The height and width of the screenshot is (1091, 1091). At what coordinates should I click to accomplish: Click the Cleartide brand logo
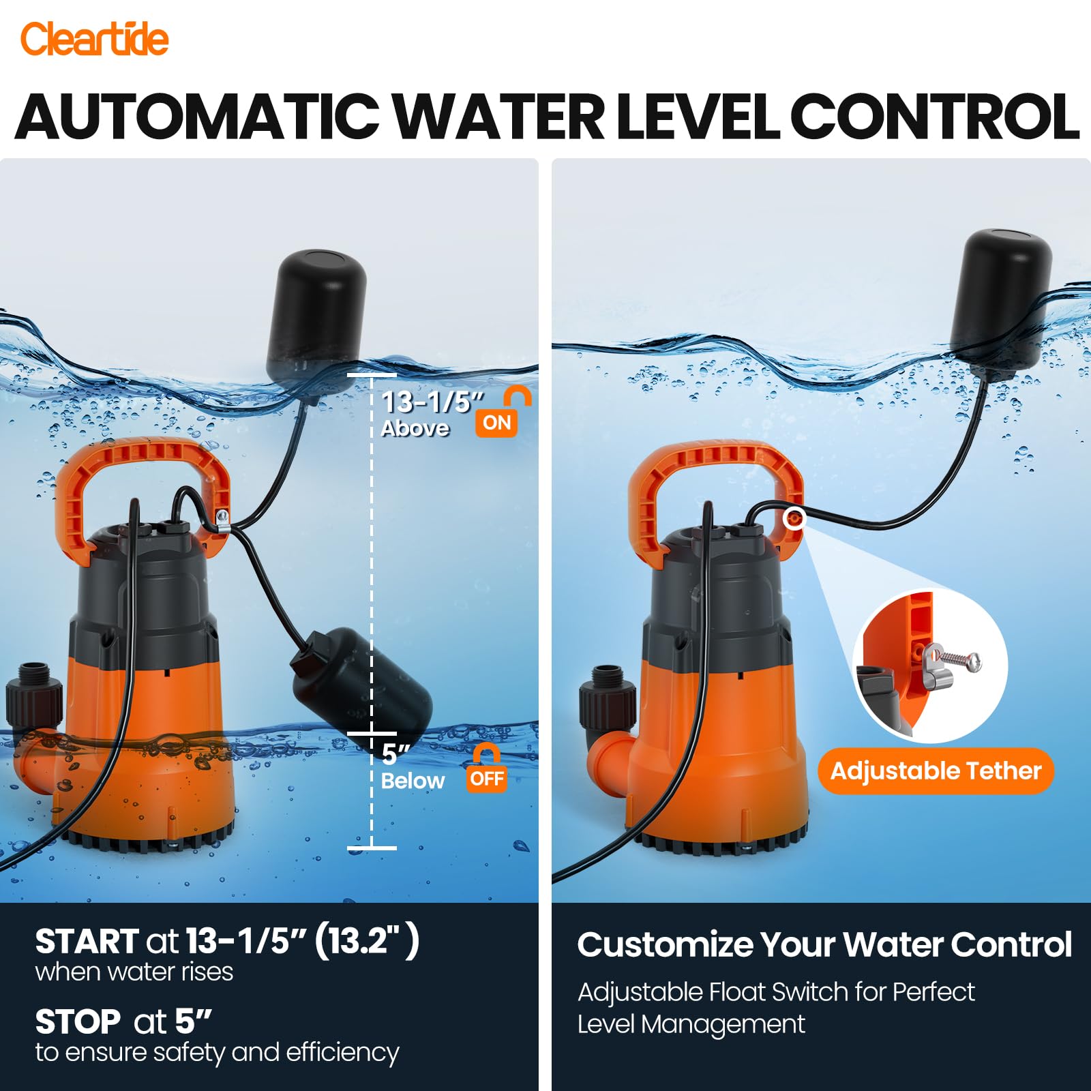94,39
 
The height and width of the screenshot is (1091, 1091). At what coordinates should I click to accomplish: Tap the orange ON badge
496,423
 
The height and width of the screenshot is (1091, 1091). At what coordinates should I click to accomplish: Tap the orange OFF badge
487,778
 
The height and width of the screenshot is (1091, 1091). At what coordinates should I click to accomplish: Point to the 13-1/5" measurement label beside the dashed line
432,402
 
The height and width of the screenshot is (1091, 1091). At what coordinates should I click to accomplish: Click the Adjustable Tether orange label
936,771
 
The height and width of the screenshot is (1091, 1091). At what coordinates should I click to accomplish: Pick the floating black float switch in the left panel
315,323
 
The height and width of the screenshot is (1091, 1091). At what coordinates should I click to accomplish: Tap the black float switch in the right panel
1000,304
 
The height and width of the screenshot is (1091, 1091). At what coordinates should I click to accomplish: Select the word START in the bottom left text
87,942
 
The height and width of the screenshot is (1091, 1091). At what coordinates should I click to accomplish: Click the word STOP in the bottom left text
78,1022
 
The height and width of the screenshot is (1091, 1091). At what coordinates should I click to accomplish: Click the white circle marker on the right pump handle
794,519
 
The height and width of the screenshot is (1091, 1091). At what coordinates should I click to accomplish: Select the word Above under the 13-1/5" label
415,428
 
